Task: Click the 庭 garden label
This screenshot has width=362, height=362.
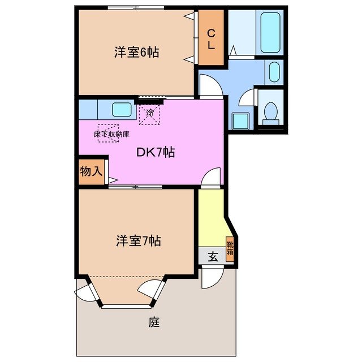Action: (154, 323)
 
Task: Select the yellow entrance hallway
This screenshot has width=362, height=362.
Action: (211, 218)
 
